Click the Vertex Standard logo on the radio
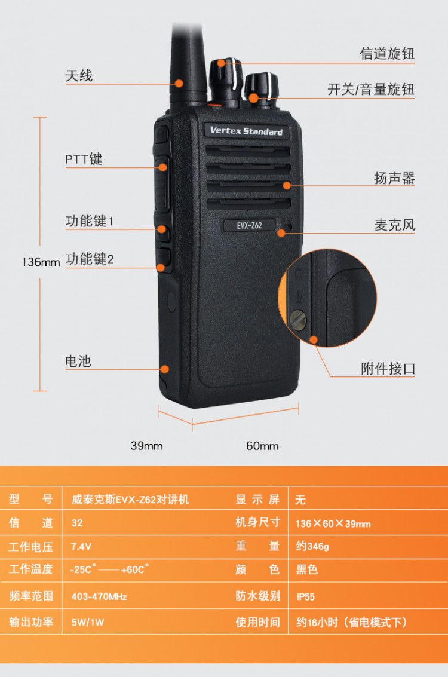tap(246, 131)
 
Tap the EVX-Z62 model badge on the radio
tap(250, 225)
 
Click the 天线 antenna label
tap(79, 76)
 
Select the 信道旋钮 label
tap(387, 54)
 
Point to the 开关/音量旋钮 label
tap(371, 90)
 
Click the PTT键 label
tap(84, 160)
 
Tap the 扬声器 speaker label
tap(394, 178)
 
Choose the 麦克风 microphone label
tap(394, 225)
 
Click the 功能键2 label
tap(90, 259)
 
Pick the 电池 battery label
tap(78, 361)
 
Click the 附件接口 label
tap(388, 369)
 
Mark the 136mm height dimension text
tap(41, 262)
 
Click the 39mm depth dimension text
tap(147, 446)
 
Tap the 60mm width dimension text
tap(262, 446)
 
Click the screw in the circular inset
tap(298, 320)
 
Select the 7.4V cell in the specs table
tap(81, 547)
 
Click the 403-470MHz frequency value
tap(99, 596)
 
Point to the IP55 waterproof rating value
tap(306, 597)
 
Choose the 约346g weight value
tap(312, 546)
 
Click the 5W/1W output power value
tap(88, 622)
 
